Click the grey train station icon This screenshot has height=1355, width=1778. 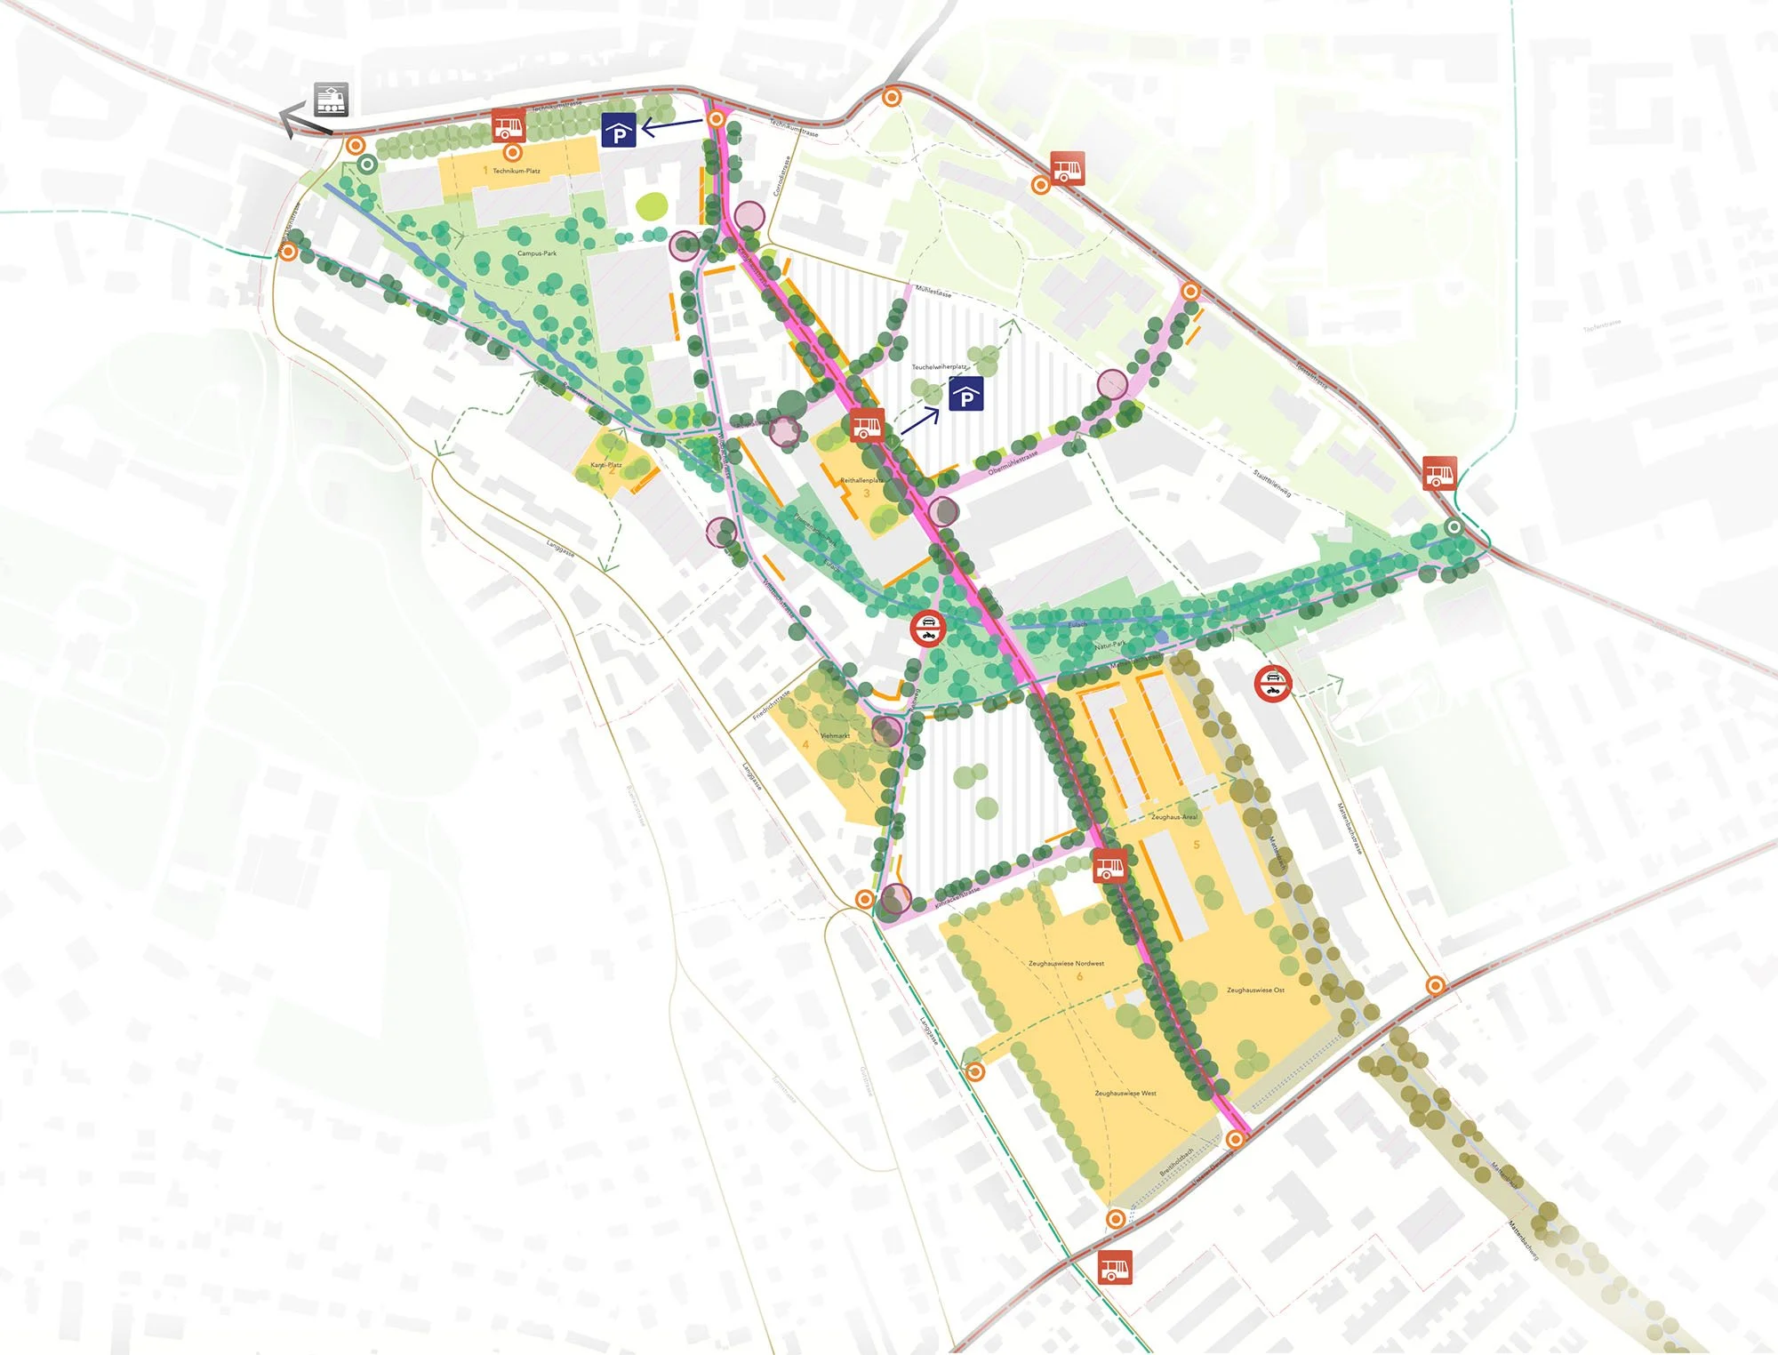coord(332,100)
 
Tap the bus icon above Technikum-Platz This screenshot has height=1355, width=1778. coord(509,125)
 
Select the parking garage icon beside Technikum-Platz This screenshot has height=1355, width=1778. coord(619,131)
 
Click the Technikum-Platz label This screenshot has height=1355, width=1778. coord(516,171)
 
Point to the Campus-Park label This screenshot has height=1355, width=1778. coord(537,253)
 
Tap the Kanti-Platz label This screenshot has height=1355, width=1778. coord(606,465)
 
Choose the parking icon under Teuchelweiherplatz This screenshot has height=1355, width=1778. coord(966,394)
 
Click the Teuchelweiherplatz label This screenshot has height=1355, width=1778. coord(939,366)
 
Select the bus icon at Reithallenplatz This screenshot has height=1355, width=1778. coord(867,425)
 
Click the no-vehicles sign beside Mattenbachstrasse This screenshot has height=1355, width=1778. coord(1273,683)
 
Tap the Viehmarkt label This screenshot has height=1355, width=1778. coord(835,736)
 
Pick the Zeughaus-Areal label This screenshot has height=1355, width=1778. coord(1173,816)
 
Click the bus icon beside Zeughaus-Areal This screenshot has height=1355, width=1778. coord(1109,864)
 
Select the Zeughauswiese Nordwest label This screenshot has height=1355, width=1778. coord(1066,963)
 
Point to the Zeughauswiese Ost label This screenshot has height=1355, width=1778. coord(1255,990)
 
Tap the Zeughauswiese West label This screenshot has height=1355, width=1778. coord(1125,1093)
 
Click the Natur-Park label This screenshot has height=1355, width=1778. coord(1109,645)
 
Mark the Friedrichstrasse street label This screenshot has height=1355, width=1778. coord(771,705)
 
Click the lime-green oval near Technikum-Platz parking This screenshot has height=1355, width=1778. coord(652,207)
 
